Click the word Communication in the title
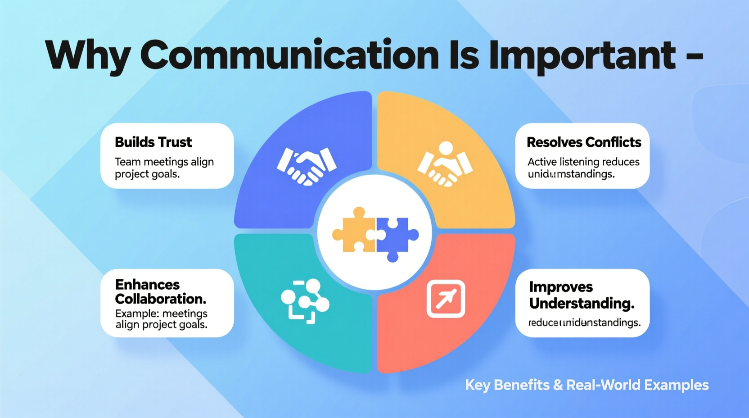tap(289, 56)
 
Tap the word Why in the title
tap(87, 56)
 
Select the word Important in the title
tap(582, 56)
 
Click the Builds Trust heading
tap(153, 142)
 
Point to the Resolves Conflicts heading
tap(584, 142)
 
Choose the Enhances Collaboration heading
tap(160, 292)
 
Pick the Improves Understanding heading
tap(582, 295)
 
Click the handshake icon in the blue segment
tap(307, 165)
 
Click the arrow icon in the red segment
tap(446, 299)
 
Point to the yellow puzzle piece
tap(354, 230)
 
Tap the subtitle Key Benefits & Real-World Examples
tap(587, 385)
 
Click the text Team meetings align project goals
tap(164, 168)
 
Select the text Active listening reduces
tap(583, 162)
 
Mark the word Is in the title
tap(464, 56)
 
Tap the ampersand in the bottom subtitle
tap(558, 385)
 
